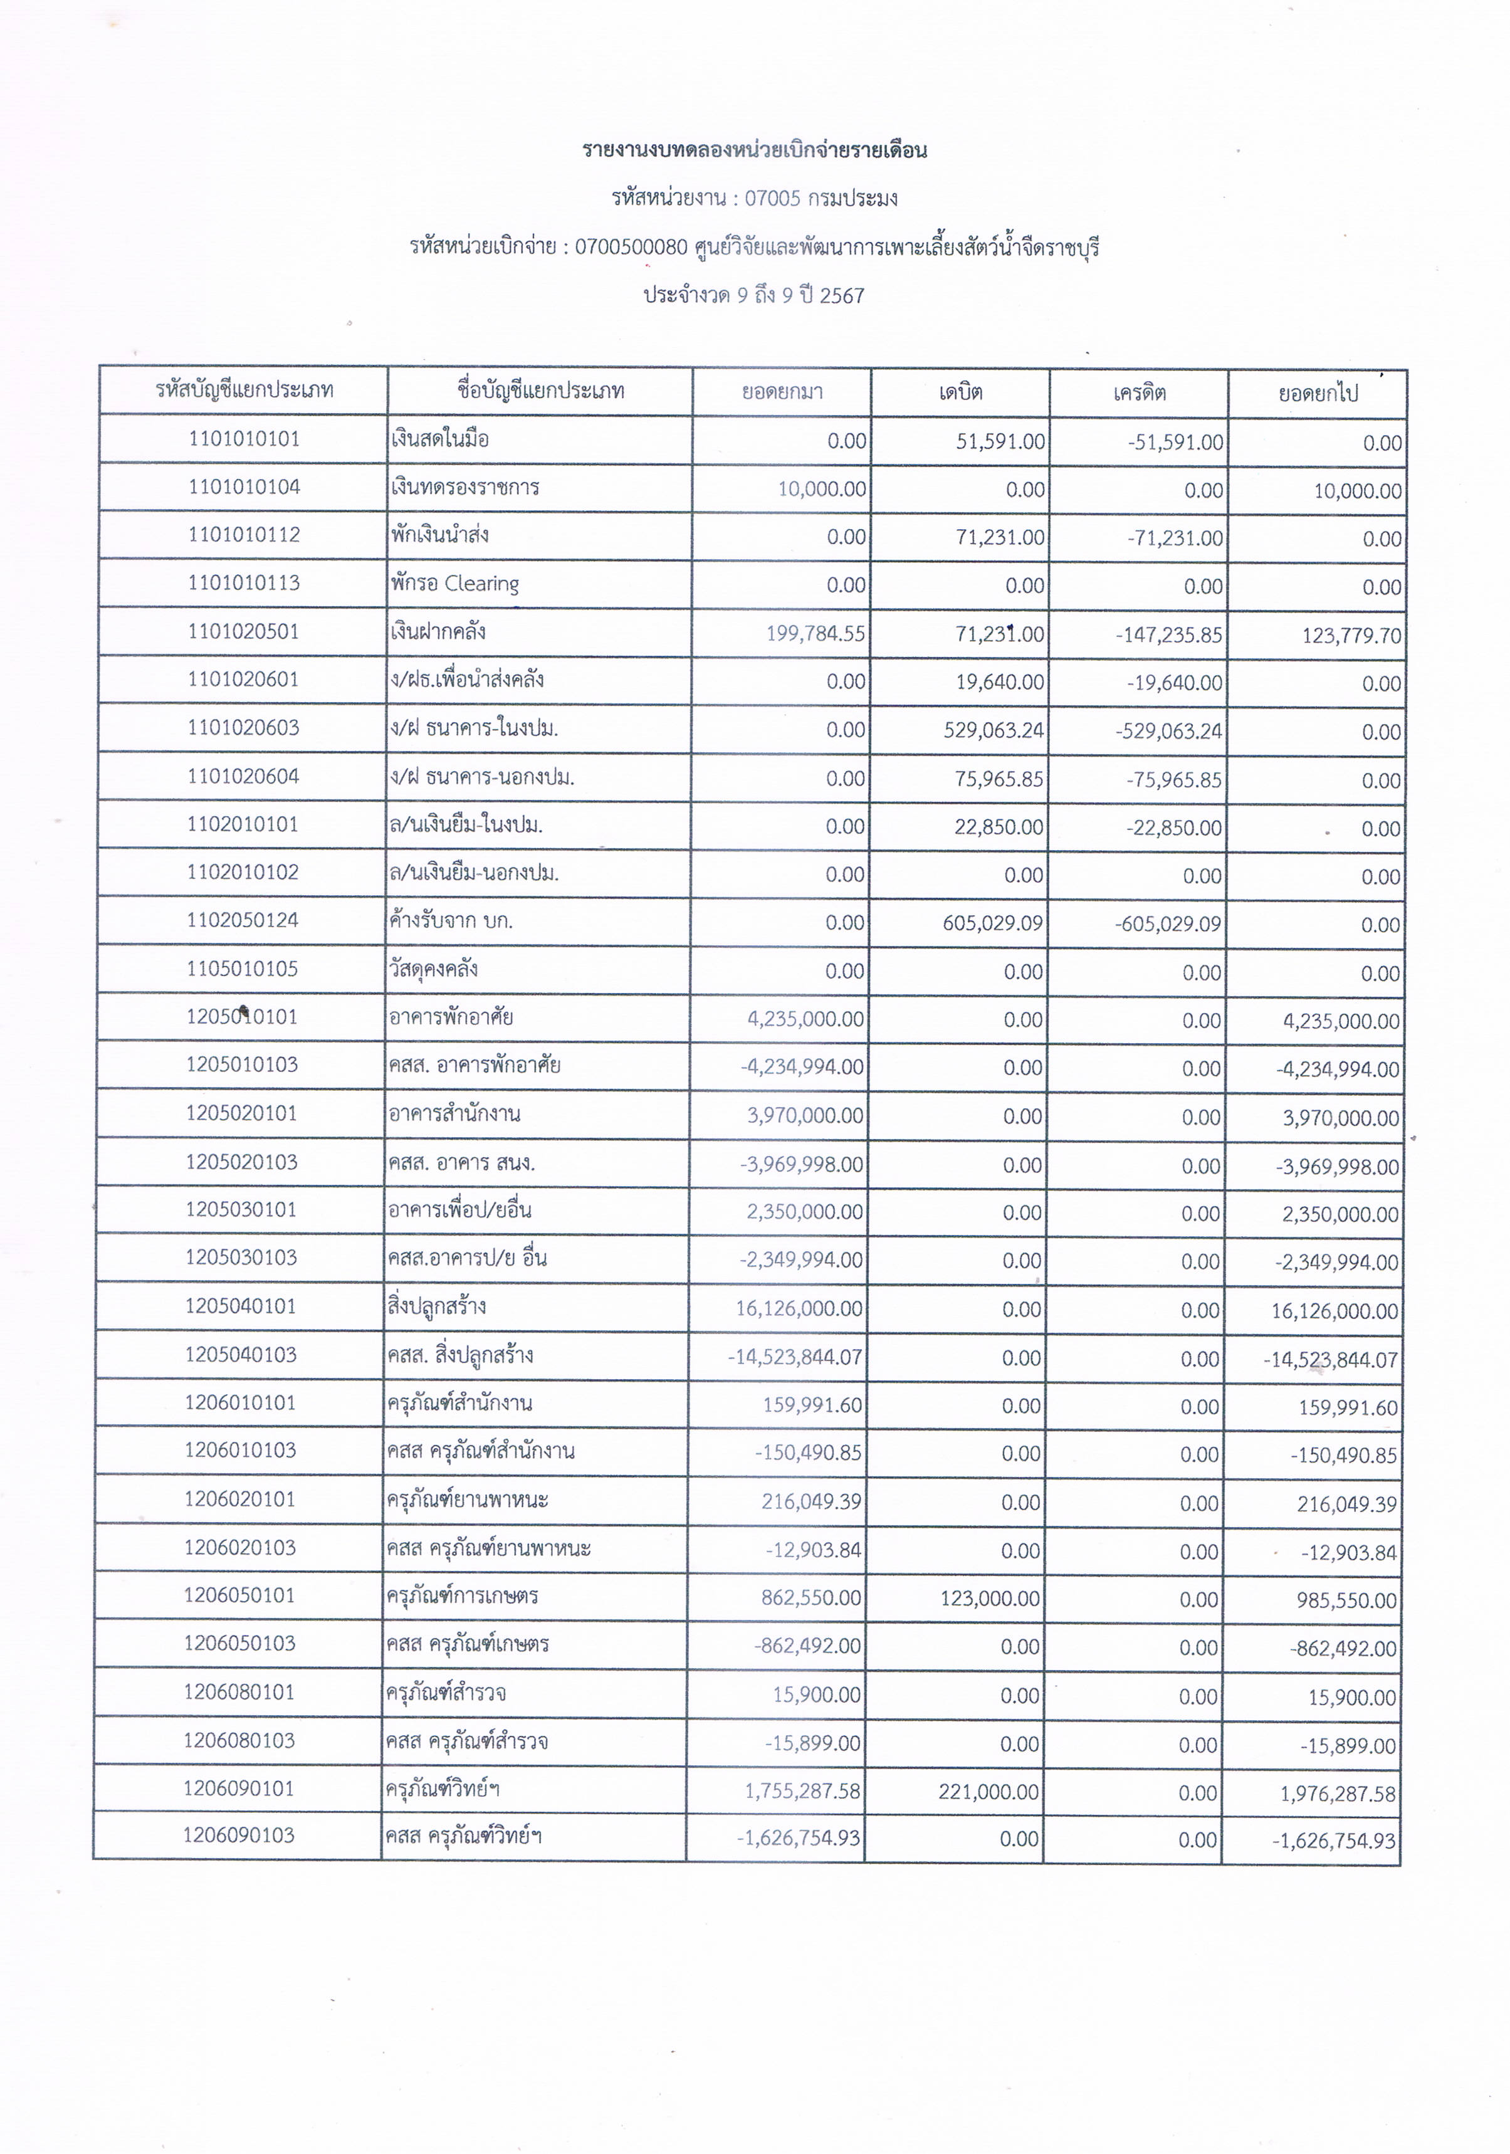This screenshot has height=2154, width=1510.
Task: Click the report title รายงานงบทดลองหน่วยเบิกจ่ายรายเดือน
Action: (754, 150)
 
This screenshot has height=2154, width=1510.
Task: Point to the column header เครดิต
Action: (1138, 392)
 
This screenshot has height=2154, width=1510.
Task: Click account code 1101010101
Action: (244, 439)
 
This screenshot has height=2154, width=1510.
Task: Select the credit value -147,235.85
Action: (1170, 635)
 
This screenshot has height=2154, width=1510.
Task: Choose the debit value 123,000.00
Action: (990, 1599)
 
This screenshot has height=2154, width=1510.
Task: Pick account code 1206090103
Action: (239, 1836)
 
